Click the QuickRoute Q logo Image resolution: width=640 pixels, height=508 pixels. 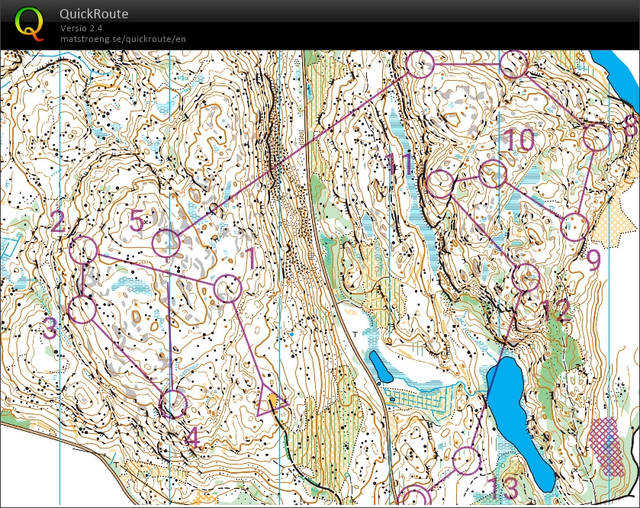click(29, 23)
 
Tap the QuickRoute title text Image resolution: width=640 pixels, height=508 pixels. click(94, 14)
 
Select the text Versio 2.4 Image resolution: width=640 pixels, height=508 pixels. click(82, 28)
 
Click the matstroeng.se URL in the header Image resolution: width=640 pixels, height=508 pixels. click(123, 39)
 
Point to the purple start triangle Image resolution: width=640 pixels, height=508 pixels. click(269, 401)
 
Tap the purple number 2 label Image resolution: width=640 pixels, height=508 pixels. click(58, 222)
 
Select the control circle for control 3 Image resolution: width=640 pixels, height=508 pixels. click(82, 310)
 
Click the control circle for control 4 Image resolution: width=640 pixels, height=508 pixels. click(174, 404)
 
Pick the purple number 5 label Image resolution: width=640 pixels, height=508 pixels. click(137, 221)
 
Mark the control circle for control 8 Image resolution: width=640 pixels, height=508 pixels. click(597, 138)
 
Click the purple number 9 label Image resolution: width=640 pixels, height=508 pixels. click(593, 260)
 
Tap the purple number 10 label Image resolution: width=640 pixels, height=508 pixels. click(519, 140)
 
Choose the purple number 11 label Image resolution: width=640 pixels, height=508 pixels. click(400, 164)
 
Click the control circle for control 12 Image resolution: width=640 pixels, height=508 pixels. click(526, 277)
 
